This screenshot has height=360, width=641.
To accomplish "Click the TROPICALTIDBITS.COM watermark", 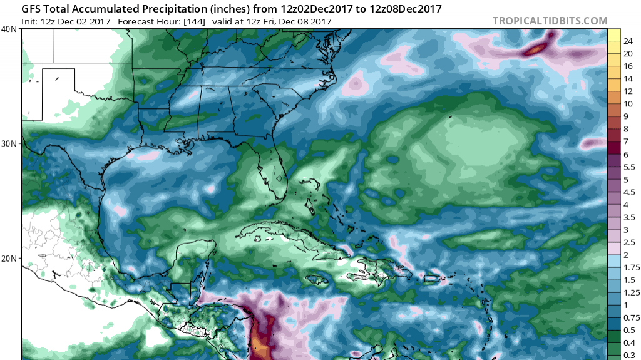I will point(550,21).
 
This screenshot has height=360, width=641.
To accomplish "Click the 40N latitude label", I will point(9,29).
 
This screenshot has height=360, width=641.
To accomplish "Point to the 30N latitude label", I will point(9,143).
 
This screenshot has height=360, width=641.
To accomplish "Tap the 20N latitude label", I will point(9,259).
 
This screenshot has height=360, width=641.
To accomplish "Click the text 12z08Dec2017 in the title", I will point(407,9).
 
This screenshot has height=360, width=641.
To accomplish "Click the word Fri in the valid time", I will point(264,22).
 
